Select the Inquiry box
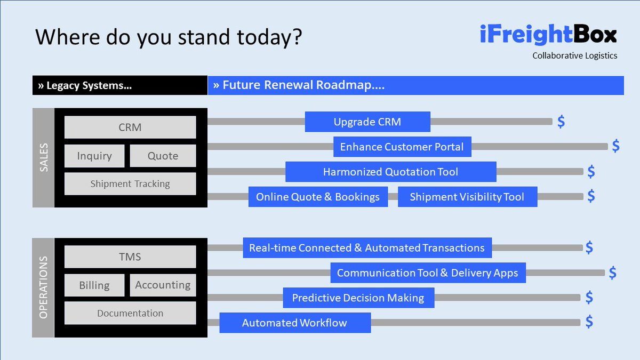tap(94, 156)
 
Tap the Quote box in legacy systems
tap(163, 156)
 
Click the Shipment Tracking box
tap(130, 184)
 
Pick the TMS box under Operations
tap(130, 257)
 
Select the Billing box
tap(94, 285)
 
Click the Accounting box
tap(163, 285)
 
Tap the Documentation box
tap(130, 314)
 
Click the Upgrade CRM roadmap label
tap(367, 122)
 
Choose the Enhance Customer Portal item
tap(402, 147)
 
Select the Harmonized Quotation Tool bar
tap(390, 172)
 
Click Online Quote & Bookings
tap(318, 197)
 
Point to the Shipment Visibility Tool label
tap(467, 197)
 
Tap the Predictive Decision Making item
tap(358, 298)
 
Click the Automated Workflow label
tap(295, 323)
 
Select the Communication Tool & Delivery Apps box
tap(428, 273)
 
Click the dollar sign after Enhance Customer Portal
tap(615, 146)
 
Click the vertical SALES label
tap(44, 157)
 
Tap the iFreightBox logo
tap(548, 35)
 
